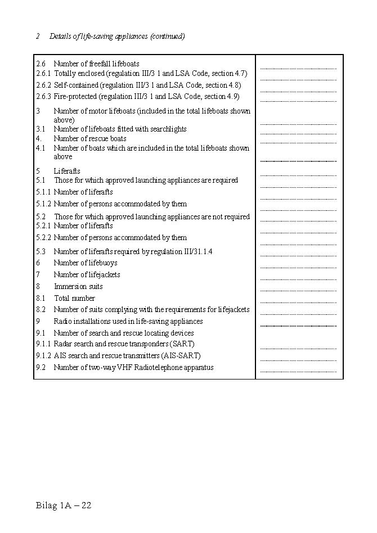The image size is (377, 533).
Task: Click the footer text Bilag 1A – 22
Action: pos(63,505)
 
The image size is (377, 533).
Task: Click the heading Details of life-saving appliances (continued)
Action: pos(117,37)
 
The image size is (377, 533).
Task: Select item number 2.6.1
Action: pos(43,74)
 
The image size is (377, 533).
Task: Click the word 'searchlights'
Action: pos(168,129)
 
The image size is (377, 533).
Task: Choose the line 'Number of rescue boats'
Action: pos(90,139)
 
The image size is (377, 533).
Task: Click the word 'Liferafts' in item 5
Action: pos(67,171)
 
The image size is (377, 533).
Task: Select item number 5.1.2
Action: pos(43,204)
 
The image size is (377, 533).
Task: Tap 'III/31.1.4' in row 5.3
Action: pos(195,252)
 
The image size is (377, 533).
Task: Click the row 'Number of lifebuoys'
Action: pos(86,263)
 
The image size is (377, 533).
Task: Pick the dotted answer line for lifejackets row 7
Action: pos(298,279)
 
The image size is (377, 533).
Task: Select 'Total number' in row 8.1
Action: pos(74,299)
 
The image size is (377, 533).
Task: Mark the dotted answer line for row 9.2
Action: pos(298,372)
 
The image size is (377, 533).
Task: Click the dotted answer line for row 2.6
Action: pos(298,68)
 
